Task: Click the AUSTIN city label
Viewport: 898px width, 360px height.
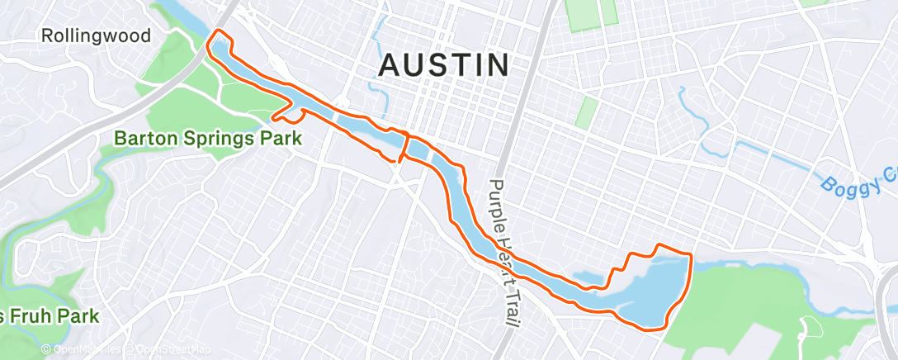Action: (443, 65)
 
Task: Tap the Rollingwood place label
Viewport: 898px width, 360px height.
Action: (97, 36)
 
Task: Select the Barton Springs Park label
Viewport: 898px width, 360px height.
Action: (206, 138)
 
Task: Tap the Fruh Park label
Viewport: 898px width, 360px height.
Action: (50, 315)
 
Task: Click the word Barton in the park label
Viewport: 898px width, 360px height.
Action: (146, 138)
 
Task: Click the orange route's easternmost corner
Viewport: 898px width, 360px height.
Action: (690, 253)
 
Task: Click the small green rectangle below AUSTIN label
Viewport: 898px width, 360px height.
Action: (586, 111)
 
